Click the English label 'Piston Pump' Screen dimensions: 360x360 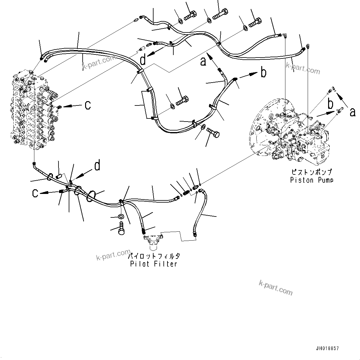pyautogui.click(x=311, y=180)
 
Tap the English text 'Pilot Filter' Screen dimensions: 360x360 pyautogui.click(x=154, y=264)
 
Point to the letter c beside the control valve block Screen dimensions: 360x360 pyautogui.click(x=88, y=105)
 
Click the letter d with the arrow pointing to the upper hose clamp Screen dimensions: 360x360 pyautogui.click(x=143, y=60)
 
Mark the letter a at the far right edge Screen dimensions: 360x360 pyautogui.click(x=352, y=112)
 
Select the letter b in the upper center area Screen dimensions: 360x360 pyautogui.click(x=263, y=73)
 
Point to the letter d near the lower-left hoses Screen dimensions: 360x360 pyautogui.click(x=97, y=166)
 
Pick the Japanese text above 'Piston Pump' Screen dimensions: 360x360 pyautogui.click(x=311, y=172)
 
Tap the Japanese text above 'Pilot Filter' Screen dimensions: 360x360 pyautogui.click(x=154, y=256)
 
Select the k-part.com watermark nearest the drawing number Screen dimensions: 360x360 pyautogui.click(x=275, y=288)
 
